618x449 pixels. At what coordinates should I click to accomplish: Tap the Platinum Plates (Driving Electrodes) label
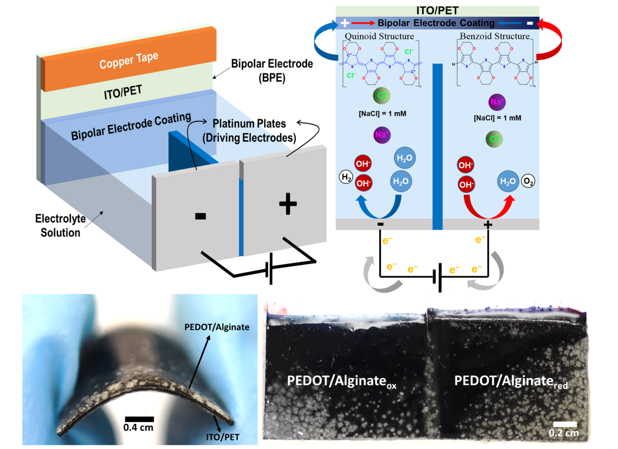click(x=249, y=130)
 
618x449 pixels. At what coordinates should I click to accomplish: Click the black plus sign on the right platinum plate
click(x=288, y=205)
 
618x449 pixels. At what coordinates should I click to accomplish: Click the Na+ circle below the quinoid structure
click(x=381, y=135)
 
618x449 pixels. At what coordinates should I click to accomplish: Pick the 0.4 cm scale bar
click(x=139, y=419)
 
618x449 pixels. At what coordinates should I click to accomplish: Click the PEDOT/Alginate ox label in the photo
click(x=341, y=381)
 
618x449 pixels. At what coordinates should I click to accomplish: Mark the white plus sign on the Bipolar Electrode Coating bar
click(x=344, y=23)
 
